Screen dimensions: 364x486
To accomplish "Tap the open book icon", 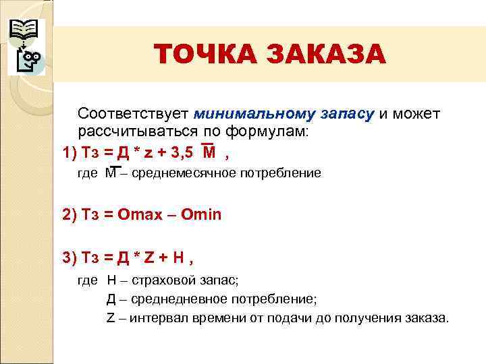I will [x=23, y=30].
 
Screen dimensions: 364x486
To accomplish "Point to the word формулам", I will [x=267, y=131].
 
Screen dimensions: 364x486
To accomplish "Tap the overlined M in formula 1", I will [x=209, y=152].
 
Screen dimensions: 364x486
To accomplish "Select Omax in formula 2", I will [x=140, y=215].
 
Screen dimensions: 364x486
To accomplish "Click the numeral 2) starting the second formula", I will [x=70, y=215].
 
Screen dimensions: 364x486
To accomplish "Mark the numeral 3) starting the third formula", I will [x=70, y=257].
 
